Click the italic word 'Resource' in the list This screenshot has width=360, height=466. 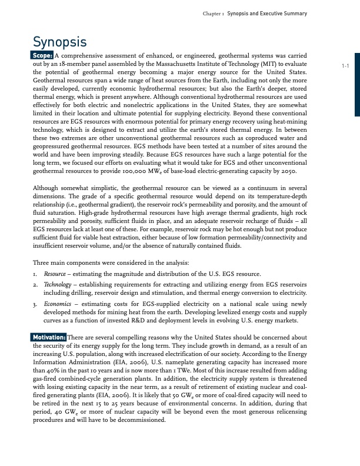click(56, 274)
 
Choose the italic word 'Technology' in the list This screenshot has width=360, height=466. click(59, 284)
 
